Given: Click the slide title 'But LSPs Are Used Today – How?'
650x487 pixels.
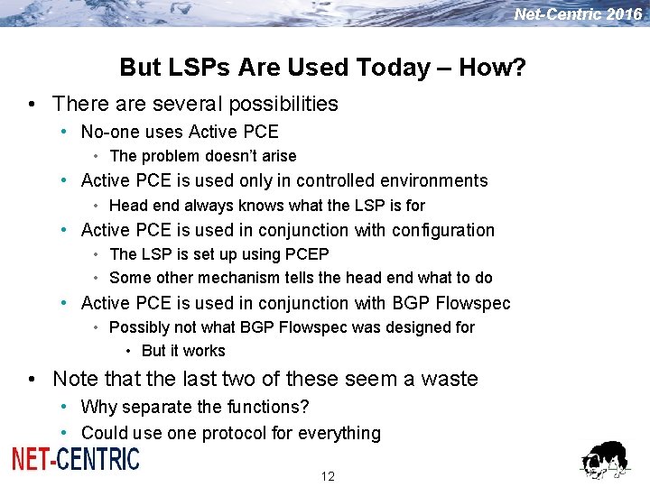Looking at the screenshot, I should pos(323,68).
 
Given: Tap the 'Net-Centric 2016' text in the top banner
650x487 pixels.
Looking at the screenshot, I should pos(578,14).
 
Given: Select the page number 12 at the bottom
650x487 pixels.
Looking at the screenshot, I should pos(328,476).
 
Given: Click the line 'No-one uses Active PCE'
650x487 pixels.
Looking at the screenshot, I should pos(180,132).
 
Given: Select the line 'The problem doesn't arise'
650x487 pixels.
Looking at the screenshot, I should pos(202,156).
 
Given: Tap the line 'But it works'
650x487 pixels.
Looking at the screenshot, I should pos(183,351).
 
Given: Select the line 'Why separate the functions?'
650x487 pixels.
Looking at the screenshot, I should pos(195,407).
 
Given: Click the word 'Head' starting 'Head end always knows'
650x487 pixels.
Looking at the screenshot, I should pos(127,206).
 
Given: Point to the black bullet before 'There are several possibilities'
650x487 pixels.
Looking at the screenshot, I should pos(32,105).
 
